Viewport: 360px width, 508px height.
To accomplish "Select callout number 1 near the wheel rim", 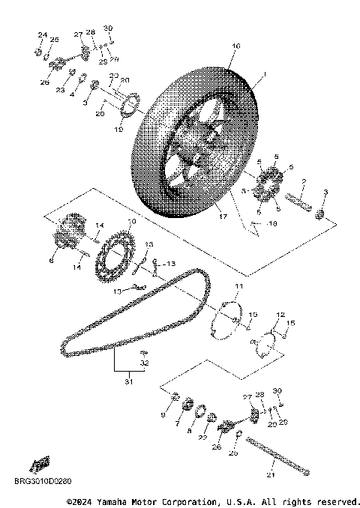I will click(x=264, y=75).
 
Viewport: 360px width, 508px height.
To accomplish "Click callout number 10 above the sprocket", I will click(x=132, y=223).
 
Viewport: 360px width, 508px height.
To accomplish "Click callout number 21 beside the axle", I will click(x=270, y=474).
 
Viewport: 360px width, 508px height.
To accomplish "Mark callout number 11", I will click(x=238, y=287).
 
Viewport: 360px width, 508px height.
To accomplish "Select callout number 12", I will click(x=280, y=315).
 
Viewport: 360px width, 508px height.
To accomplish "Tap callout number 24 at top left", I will click(x=42, y=35).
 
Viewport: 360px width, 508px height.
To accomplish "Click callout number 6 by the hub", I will click(x=51, y=261).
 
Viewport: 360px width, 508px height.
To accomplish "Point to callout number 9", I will click(x=163, y=414).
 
